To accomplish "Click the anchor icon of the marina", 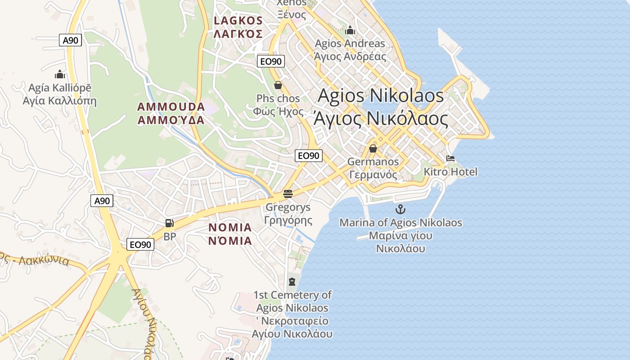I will pyautogui.click(x=400, y=209).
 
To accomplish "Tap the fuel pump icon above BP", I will pyautogui.click(x=169, y=223).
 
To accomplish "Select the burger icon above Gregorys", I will pyautogui.click(x=288, y=194).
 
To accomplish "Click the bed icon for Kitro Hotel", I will pyautogui.click(x=450, y=158).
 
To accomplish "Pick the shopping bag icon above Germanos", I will pyautogui.click(x=373, y=148).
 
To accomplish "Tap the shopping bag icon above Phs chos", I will pyautogui.click(x=278, y=85).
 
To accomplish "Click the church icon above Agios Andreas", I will pyautogui.click(x=350, y=31).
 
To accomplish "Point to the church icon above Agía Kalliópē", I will pyautogui.click(x=60, y=74).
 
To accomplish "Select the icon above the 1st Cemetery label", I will pyautogui.click(x=292, y=282).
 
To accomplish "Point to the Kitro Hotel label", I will pyautogui.click(x=450, y=171).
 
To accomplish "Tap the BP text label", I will pyautogui.click(x=170, y=236).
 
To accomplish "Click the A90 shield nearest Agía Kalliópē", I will pyautogui.click(x=70, y=40).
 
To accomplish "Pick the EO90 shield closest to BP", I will pyautogui.click(x=140, y=244).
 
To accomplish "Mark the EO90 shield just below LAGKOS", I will pyautogui.click(x=271, y=61).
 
